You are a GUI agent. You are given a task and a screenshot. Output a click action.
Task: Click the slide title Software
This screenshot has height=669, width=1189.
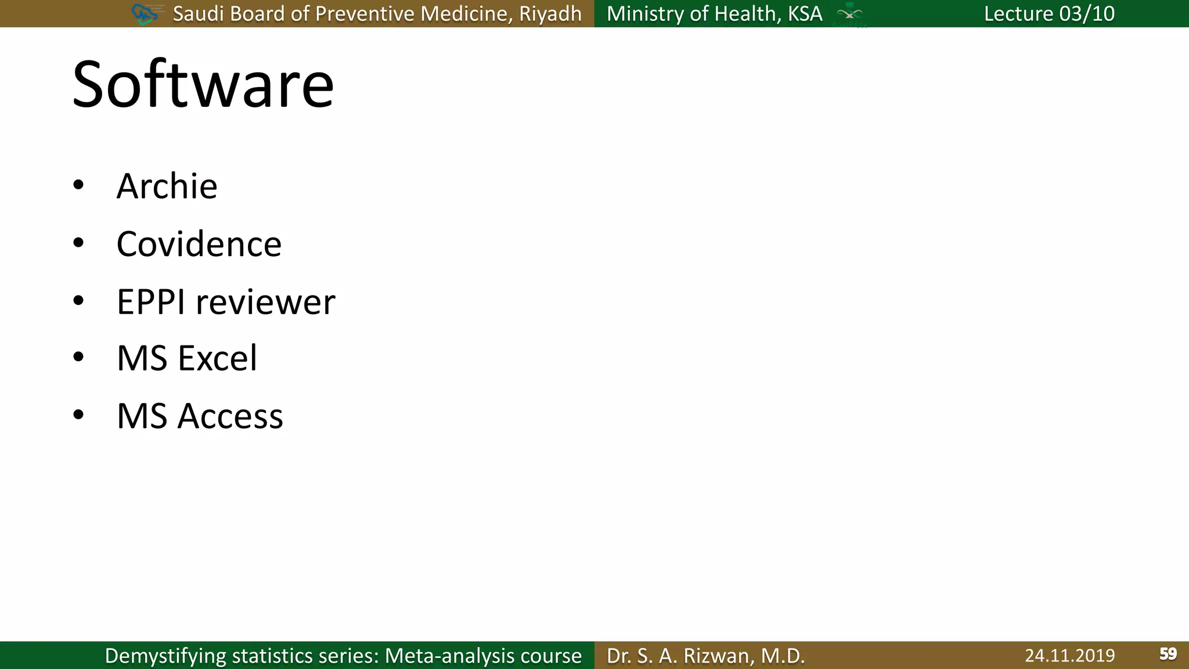point(203,85)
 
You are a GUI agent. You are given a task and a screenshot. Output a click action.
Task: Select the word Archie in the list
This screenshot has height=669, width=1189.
point(167,186)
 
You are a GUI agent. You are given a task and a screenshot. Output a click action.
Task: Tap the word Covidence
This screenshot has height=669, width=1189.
point(199,244)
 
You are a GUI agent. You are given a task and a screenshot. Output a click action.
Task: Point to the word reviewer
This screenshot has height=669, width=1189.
point(265,302)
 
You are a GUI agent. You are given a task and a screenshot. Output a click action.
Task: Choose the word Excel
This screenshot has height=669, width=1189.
point(217,358)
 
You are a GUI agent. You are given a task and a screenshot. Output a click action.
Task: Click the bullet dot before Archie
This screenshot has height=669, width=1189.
point(78,185)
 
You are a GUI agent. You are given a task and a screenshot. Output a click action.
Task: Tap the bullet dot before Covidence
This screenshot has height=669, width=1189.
point(78,243)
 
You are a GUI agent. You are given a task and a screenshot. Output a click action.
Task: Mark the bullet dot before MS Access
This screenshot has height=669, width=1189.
point(78,415)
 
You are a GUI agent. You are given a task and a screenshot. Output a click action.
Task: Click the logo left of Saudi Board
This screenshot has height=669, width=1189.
point(145,13)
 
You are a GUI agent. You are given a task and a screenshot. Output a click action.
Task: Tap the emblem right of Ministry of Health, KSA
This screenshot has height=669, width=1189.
point(849,15)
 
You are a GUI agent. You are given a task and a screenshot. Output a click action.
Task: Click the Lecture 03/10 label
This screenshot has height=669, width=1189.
point(1049,13)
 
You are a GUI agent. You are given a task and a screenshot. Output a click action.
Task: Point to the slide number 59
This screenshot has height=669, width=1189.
point(1168,654)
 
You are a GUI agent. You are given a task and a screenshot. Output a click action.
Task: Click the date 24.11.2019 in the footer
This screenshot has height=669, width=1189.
point(1069,656)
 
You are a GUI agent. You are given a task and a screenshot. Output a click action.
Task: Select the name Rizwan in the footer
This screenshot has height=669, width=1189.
point(719,656)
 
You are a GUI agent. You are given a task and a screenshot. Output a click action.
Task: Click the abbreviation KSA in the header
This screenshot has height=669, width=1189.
point(805,13)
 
